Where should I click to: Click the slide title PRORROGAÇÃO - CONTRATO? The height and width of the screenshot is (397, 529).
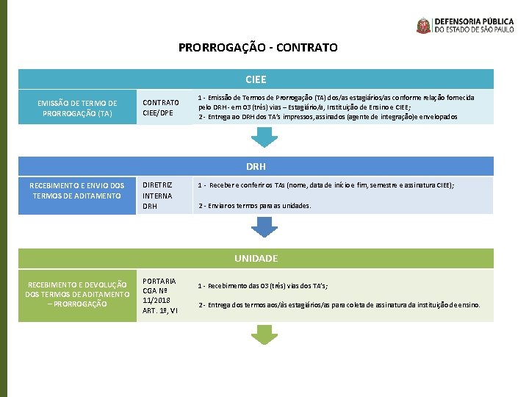point(258,47)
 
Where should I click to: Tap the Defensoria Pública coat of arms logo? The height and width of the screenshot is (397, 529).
point(424,26)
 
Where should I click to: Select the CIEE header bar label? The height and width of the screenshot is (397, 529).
point(256,79)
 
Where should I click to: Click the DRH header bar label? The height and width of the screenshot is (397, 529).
point(256,167)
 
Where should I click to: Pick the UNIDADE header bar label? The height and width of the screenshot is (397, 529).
point(256,258)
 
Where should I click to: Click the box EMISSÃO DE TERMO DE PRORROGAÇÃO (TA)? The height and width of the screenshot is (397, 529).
point(78,108)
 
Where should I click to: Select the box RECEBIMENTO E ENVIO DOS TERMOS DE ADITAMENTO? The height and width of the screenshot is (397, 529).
point(77,190)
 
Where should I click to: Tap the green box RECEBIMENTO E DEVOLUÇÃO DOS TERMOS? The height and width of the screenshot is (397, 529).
point(77,294)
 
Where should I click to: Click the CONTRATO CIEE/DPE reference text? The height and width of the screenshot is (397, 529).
point(161,107)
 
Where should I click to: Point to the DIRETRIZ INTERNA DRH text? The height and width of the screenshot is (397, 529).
point(157,196)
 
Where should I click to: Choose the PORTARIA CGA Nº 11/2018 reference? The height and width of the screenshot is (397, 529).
point(159,296)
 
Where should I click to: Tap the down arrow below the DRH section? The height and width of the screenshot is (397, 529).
point(261,228)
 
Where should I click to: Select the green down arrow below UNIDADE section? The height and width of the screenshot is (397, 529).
point(261,335)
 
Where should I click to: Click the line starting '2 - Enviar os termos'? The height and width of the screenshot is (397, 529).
point(255,206)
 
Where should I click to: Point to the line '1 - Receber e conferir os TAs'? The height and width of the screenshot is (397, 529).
point(326,186)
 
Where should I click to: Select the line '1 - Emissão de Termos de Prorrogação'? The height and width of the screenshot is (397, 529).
point(337,97)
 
